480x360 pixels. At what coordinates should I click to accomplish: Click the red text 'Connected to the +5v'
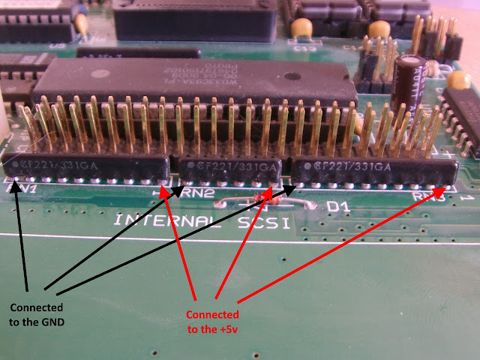click(212, 321)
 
